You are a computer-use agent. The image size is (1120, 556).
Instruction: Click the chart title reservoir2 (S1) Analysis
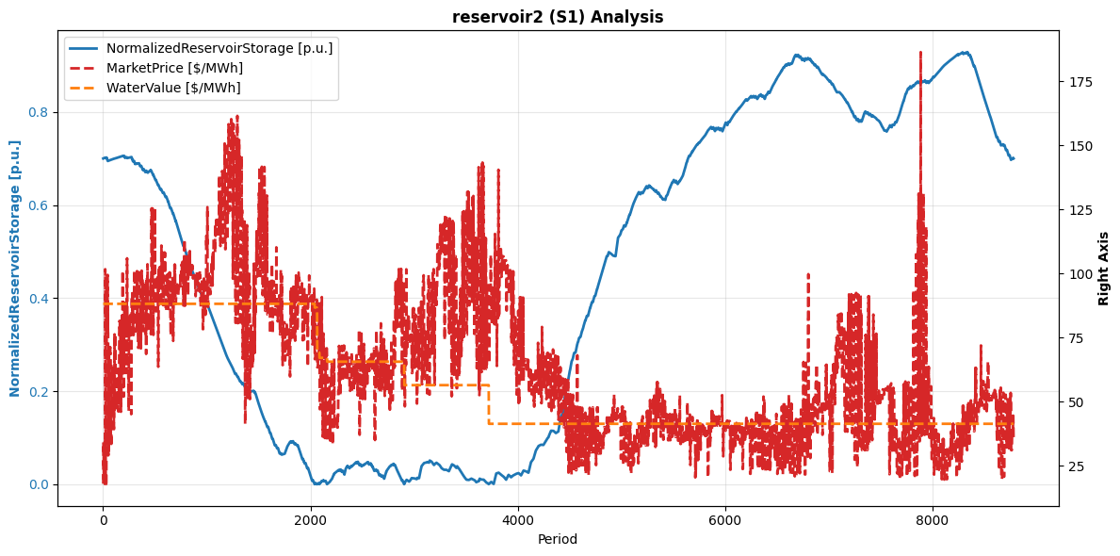[x=558, y=17]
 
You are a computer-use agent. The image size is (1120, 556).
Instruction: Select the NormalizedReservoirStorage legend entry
[x=219, y=48]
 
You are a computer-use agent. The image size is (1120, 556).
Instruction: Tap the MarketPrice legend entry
[x=174, y=68]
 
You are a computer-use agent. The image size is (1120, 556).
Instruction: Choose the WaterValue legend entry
[x=173, y=88]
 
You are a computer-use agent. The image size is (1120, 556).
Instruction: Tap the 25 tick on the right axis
[x=1075, y=466]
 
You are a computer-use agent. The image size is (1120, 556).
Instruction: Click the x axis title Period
[x=558, y=539]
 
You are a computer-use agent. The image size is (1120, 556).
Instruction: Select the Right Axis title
[x=1104, y=269]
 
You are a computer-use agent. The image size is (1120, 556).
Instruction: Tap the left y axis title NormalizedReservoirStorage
[x=15, y=269]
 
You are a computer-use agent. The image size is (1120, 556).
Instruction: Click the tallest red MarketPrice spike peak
[x=920, y=53]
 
